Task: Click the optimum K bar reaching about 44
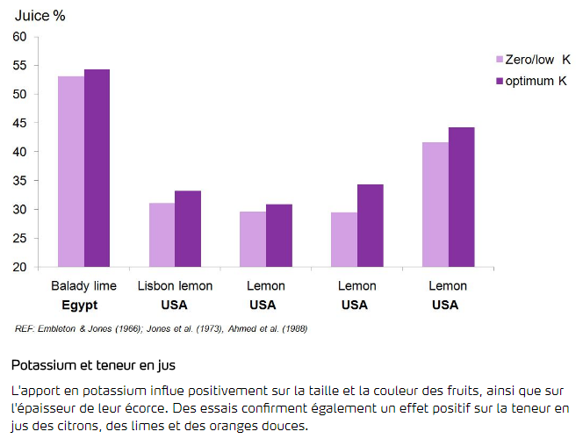coord(461,197)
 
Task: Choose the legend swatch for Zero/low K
coord(500,61)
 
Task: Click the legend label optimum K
coord(538,81)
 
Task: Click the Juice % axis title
coord(41,15)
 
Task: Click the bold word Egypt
coord(79,305)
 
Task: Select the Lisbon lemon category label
coord(175,286)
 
